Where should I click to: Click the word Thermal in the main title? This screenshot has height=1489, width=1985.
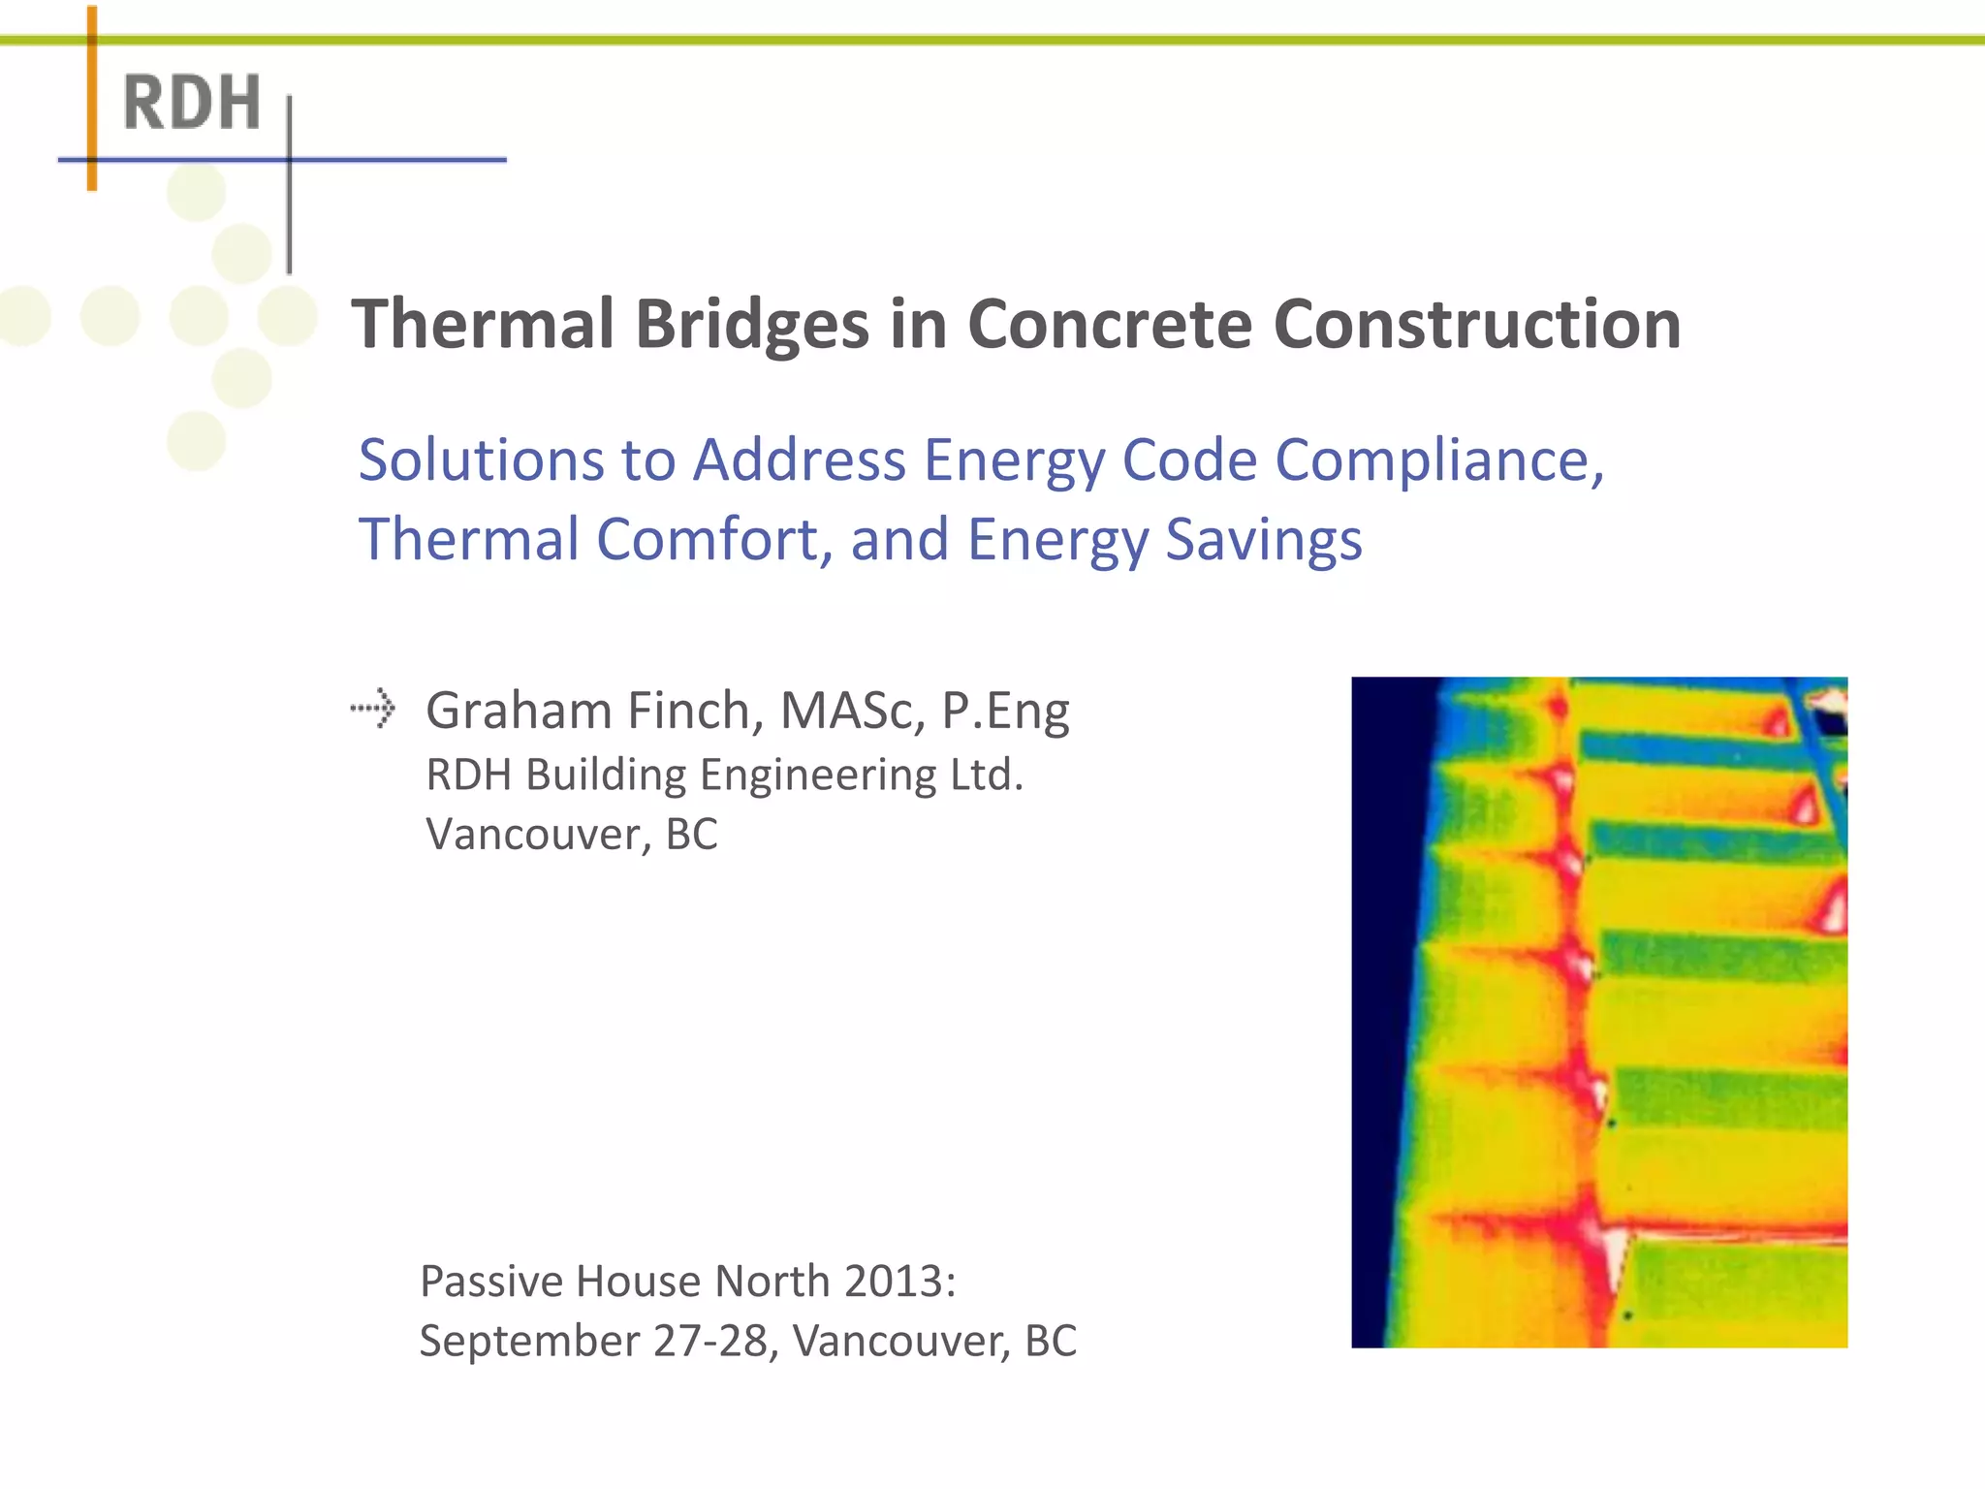coord(483,324)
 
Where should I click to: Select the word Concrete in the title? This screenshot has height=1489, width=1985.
coord(1110,324)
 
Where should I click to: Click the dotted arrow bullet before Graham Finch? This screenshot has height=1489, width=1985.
coord(373,709)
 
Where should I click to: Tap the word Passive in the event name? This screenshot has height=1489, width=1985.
coord(491,1282)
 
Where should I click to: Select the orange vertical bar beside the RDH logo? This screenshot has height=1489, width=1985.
coord(92,97)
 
